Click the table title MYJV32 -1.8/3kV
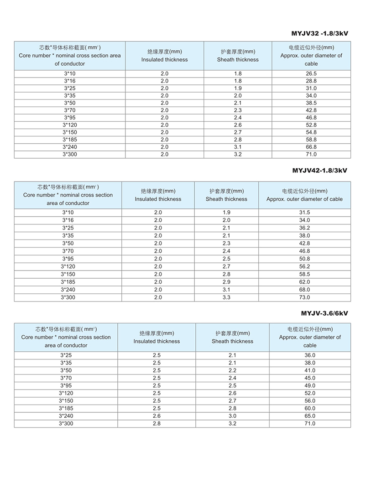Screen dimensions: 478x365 pos(319,33)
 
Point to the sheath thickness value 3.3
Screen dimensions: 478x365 pos(226,297)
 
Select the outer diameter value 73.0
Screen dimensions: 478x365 pos(304,297)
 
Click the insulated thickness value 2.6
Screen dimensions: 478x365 pos(156,416)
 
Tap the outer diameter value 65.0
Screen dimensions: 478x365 pos(310,416)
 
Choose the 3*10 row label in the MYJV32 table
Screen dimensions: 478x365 pos(69,73)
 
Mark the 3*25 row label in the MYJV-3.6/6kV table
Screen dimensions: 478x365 pos(66,355)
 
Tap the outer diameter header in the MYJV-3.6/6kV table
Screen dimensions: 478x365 pos(310,337)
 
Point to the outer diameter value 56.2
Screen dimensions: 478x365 pos(304,266)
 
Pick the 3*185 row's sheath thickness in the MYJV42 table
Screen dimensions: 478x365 pos(226,282)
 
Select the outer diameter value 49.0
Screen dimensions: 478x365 pos(310,385)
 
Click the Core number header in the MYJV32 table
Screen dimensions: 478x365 pos(70,56)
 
